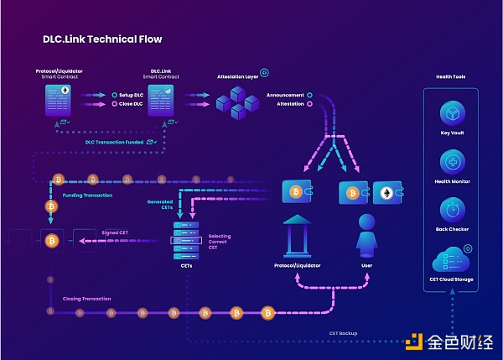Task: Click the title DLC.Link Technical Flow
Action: point(102,39)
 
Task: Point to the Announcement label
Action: point(285,95)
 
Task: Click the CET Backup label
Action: point(342,333)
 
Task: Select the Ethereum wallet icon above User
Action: point(386,193)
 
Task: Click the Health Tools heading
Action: point(450,76)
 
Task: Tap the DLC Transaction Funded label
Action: point(114,142)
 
